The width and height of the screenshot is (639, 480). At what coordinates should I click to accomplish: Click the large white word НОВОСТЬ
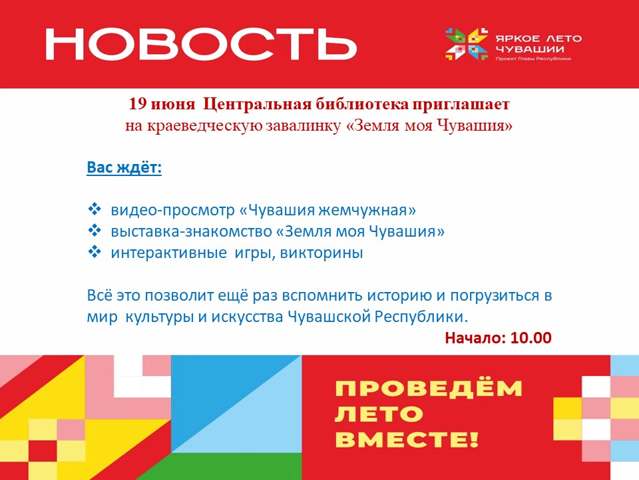coord(201,44)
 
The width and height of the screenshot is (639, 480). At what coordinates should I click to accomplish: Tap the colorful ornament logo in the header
coord(467,44)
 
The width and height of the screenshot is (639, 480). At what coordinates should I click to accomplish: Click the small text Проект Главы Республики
coord(533,59)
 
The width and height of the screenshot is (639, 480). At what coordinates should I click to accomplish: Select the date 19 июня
coord(162,104)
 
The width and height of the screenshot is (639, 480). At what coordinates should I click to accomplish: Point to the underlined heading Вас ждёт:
coord(124,167)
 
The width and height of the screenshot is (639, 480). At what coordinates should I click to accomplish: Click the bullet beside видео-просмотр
coord(95,209)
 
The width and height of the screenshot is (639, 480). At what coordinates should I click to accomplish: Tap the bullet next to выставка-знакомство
coord(95,230)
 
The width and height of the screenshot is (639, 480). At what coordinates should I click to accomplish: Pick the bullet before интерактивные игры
coord(95,251)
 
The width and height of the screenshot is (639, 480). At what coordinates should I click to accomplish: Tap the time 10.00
coord(531,338)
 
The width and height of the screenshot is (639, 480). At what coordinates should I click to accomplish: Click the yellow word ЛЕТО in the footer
coord(379,414)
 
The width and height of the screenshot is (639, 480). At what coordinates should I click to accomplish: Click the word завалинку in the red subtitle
coord(304,125)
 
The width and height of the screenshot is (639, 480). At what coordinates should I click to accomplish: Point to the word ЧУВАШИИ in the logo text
coord(530,49)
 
